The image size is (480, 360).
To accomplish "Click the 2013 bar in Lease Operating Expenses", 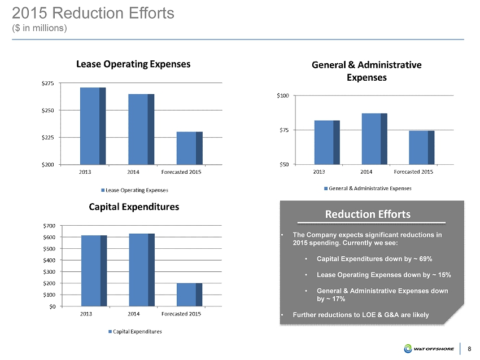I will (x=93, y=126).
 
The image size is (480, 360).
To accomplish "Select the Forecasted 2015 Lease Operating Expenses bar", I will (x=189, y=148).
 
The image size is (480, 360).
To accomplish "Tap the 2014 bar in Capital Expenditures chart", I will (x=141, y=270).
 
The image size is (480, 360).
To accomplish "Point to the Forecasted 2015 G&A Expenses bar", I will (x=421, y=147).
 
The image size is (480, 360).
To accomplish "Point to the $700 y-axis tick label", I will (x=49, y=226).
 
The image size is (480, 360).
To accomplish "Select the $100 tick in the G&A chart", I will (x=282, y=96).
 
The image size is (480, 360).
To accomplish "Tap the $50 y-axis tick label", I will (x=283, y=164).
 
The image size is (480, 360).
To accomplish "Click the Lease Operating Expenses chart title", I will (x=133, y=64).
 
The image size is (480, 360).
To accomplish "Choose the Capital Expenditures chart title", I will (x=134, y=207).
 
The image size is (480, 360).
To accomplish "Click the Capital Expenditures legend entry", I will (x=135, y=331).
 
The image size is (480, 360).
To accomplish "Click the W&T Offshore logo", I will (x=430, y=348).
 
